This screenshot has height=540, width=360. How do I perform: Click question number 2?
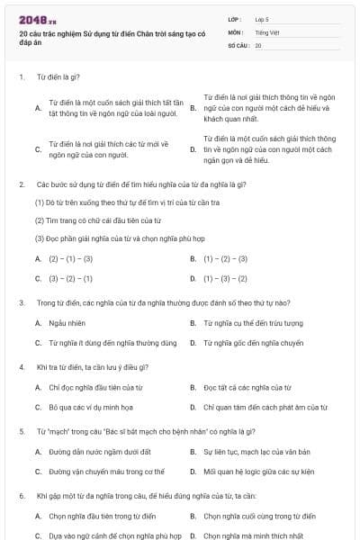click(21, 184)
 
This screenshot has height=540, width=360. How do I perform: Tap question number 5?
click(21, 431)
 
